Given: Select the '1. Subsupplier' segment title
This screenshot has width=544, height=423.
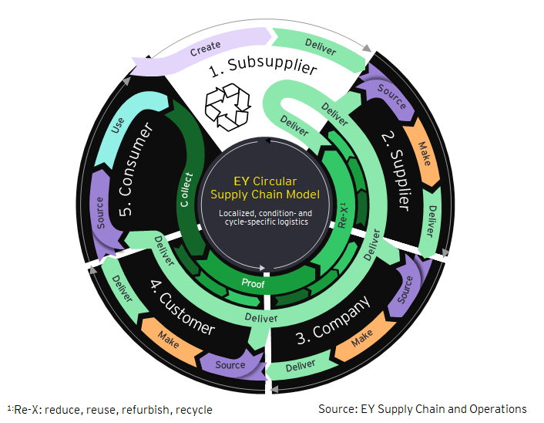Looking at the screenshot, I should click(264, 72).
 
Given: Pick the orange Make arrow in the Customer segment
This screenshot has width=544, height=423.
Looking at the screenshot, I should click(169, 338).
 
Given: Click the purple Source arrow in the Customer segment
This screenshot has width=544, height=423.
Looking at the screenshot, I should click(230, 364).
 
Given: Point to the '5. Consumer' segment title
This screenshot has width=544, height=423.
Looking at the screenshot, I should click(136, 169).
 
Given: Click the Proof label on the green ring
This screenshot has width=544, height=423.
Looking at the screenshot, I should click(252, 284).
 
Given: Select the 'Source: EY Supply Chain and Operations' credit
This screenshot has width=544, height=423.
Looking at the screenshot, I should click(422, 408).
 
